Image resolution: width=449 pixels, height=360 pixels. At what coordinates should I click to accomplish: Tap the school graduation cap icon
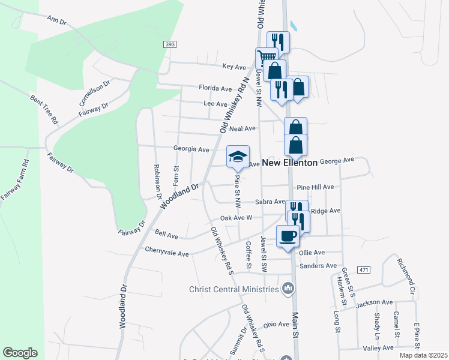point(238,157)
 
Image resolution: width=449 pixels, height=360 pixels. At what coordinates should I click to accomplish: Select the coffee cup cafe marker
point(288,235)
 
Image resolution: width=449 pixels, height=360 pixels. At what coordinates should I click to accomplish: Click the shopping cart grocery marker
point(265,58)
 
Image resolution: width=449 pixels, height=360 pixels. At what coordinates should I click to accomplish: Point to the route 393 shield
point(171,45)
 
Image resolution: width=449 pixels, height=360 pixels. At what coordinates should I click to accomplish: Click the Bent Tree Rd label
point(46,109)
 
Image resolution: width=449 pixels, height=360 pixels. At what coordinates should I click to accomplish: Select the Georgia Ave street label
point(191,149)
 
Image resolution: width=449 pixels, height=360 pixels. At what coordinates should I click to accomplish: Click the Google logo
point(20,353)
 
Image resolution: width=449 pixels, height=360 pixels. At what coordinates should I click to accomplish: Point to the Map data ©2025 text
point(423,355)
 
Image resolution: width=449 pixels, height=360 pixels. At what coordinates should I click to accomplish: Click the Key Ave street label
point(235,66)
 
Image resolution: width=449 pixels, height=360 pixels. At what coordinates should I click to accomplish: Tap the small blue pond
point(293,26)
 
